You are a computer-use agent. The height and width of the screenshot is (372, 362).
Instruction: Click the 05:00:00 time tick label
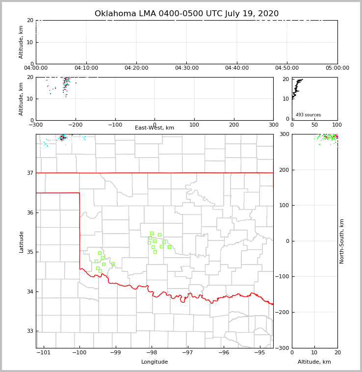tap(337, 68)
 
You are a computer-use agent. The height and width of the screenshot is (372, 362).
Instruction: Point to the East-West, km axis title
tap(155, 128)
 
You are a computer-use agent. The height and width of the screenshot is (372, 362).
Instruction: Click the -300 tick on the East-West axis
tap(36, 125)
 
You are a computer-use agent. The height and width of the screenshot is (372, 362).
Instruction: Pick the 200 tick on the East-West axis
tap(234, 125)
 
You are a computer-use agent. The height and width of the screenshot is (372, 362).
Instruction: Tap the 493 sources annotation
tap(308, 115)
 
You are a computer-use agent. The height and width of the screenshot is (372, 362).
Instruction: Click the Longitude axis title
tap(155, 362)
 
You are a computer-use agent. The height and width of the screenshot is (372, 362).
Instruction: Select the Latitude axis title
tap(21, 241)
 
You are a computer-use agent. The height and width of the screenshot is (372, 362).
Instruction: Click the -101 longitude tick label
tap(44, 353)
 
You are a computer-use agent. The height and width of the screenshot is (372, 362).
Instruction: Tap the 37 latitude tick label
tap(29, 173)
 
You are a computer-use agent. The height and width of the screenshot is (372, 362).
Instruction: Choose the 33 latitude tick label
tap(29, 331)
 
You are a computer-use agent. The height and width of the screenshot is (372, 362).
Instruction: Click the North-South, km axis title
tap(342, 241)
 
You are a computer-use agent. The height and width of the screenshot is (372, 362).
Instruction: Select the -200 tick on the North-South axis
tap(283, 312)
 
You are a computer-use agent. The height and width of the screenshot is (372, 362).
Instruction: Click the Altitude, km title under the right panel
tap(314, 362)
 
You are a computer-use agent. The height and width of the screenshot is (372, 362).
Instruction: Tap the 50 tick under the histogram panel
tap(314, 125)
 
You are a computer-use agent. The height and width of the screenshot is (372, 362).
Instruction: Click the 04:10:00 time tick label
tap(86, 68)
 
